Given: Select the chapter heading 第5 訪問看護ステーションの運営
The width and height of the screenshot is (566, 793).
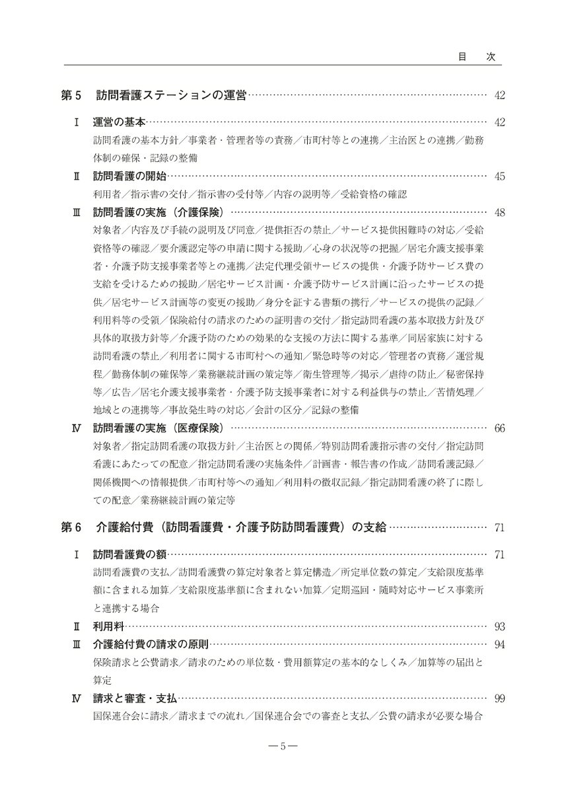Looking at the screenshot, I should [153, 96].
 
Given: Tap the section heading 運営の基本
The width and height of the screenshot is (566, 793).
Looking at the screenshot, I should [119, 123].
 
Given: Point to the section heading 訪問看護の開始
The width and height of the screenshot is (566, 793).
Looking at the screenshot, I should [129, 176].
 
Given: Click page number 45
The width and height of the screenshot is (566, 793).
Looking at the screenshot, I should [499, 176].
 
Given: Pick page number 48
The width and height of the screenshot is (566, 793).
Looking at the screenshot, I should [499, 212].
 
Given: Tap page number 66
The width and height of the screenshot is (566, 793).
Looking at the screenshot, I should [499, 428].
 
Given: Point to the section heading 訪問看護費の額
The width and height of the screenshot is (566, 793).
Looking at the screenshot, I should [129, 554].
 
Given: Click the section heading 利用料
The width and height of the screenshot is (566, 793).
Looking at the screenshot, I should [108, 625].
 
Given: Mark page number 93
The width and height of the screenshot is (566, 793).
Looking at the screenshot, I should [499, 625].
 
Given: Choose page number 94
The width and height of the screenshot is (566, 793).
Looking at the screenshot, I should [499, 644].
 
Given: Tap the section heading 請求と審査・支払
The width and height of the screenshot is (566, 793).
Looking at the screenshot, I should [135, 697].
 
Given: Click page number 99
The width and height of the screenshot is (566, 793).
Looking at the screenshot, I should [499, 697].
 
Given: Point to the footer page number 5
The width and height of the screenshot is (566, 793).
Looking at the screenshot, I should [283, 747].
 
